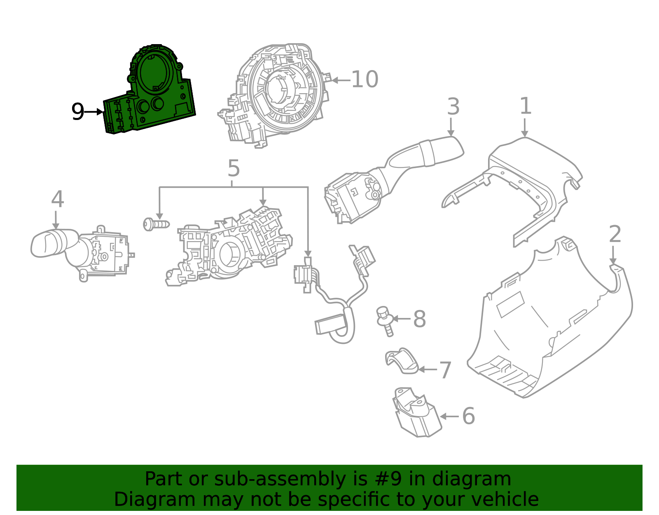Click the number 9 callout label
coord(77,112)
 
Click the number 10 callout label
coord(364,80)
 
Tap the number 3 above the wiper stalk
coord(453,107)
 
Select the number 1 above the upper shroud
coord(525,106)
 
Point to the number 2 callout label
coord(615,235)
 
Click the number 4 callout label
coord(57,200)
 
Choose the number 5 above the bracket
coord(234,169)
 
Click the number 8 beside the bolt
coord(419,319)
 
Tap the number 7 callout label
coord(445,370)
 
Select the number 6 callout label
coord(468,416)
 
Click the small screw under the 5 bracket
coord(155,224)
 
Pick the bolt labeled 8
coord(385,320)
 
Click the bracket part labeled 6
coord(414,412)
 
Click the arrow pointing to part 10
coord(340,80)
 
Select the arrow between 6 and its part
coord(449,416)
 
